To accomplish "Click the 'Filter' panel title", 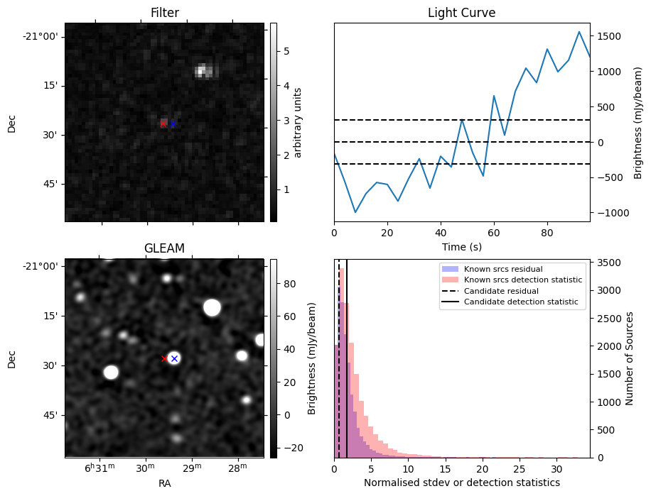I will point(164,13).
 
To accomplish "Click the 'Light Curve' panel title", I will point(461,13).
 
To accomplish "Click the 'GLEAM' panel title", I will point(164,248).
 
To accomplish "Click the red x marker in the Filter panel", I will point(163,123).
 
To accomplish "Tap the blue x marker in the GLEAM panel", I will point(174,358).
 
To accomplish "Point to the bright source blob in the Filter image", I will point(203,70).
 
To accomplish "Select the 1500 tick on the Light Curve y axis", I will point(609,36).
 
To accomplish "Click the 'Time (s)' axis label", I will point(461,246).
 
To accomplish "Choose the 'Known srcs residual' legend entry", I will point(502,270).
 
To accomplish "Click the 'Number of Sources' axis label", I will point(630,358).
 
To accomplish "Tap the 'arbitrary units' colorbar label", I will point(298,122).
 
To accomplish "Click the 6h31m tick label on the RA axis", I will point(99,469).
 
